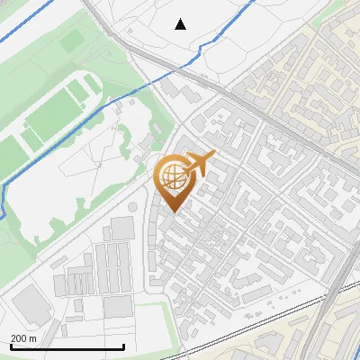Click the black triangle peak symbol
coord(181,23)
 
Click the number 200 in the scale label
coord(19,338)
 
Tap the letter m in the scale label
coord(33,338)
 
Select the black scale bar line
coord(67,347)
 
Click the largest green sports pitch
coord(53,116)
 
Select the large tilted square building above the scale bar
coord(31,305)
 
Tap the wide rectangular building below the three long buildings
coord(117,306)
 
